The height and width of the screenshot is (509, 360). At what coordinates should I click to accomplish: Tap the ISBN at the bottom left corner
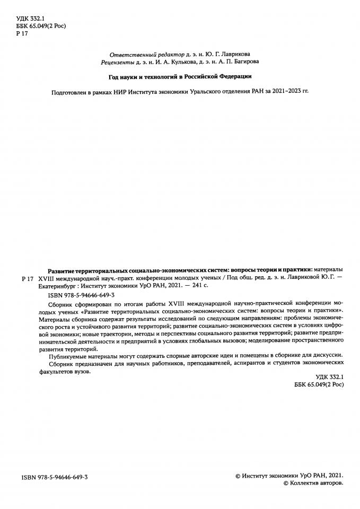click(54, 477)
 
